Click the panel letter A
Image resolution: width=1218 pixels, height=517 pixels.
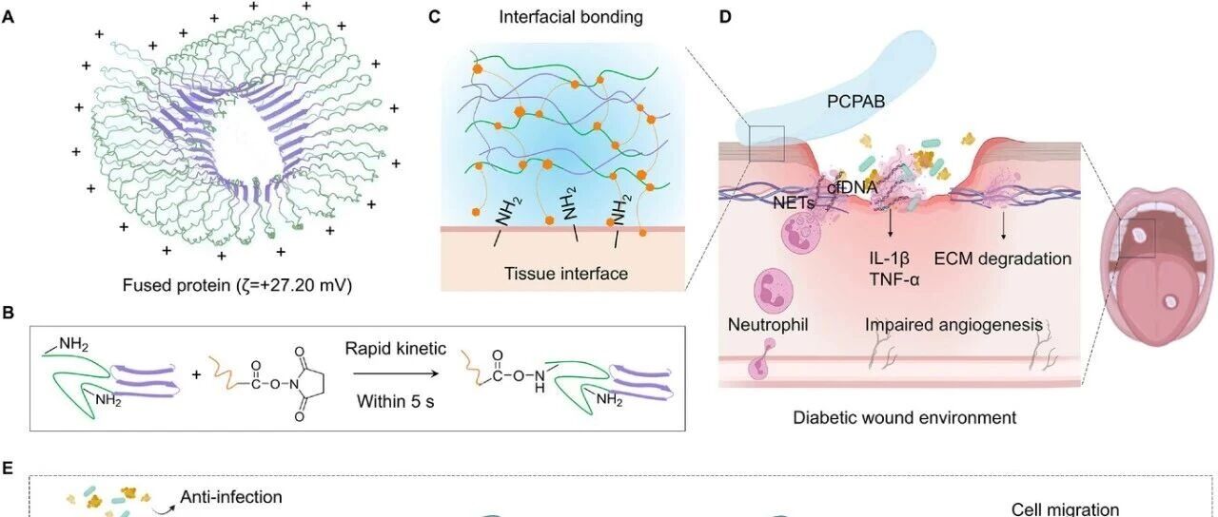(x=9, y=17)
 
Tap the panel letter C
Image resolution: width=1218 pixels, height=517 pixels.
(x=434, y=17)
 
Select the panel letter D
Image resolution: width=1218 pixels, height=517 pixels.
(x=725, y=17)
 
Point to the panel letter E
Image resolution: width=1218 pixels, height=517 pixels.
(x=8, y=469)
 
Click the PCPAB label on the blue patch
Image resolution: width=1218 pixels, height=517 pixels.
(x=855, y=101)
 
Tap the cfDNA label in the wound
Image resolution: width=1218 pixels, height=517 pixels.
(x=852, y=187)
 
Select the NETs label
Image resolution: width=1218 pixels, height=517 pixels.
(x=794, y=203)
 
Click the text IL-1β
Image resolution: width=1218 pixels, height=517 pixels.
(x=889, y=258)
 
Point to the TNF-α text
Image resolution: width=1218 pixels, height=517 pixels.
(x=894, y=279)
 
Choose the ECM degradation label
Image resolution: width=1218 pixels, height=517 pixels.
(x=1003, y=258)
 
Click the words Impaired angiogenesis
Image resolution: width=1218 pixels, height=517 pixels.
(x=953, y=325)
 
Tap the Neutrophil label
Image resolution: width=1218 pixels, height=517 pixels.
(x=768, y=325)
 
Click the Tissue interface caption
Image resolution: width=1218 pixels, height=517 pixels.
(x=566, y=273)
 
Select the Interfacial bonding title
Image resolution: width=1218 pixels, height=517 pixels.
(x=571, y=17)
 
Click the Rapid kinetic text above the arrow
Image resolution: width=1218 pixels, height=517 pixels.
(x=395, y=348)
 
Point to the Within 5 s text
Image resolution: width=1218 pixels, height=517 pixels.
(x=395, y=401)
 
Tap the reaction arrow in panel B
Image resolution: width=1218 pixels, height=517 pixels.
(x=395, y=373)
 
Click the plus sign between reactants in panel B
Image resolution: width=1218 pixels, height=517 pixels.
(x=196, y=374)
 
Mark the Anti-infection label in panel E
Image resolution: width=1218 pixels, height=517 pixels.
(x=231, y=496)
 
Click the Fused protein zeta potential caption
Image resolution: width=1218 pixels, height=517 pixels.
(x=237, y=285)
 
